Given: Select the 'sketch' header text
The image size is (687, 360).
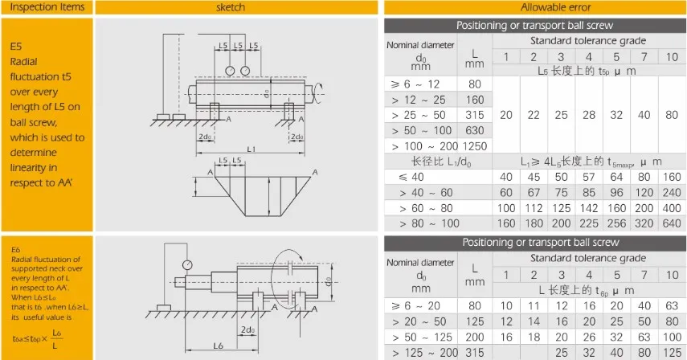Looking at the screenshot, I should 231,7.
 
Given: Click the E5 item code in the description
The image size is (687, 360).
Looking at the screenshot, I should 16,47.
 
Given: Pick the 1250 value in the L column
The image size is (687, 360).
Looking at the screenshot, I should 475,146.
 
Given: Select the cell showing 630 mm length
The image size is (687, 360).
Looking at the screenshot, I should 475,130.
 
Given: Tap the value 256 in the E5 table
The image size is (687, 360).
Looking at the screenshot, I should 616,224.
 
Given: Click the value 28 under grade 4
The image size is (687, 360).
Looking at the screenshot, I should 588,115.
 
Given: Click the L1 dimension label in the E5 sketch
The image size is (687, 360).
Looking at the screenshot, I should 251,150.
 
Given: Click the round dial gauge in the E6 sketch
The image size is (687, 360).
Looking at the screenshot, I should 188,264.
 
